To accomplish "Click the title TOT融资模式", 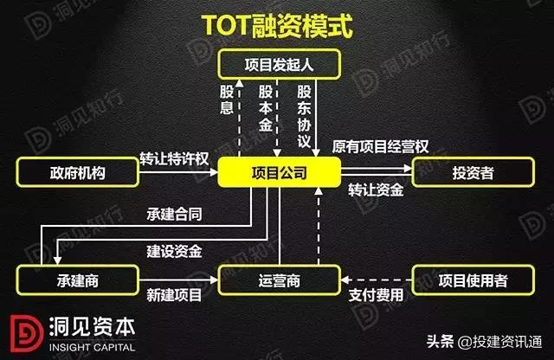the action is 276,25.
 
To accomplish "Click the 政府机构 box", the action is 77,173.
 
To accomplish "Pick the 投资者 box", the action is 473,173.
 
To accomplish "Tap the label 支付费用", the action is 375,295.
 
